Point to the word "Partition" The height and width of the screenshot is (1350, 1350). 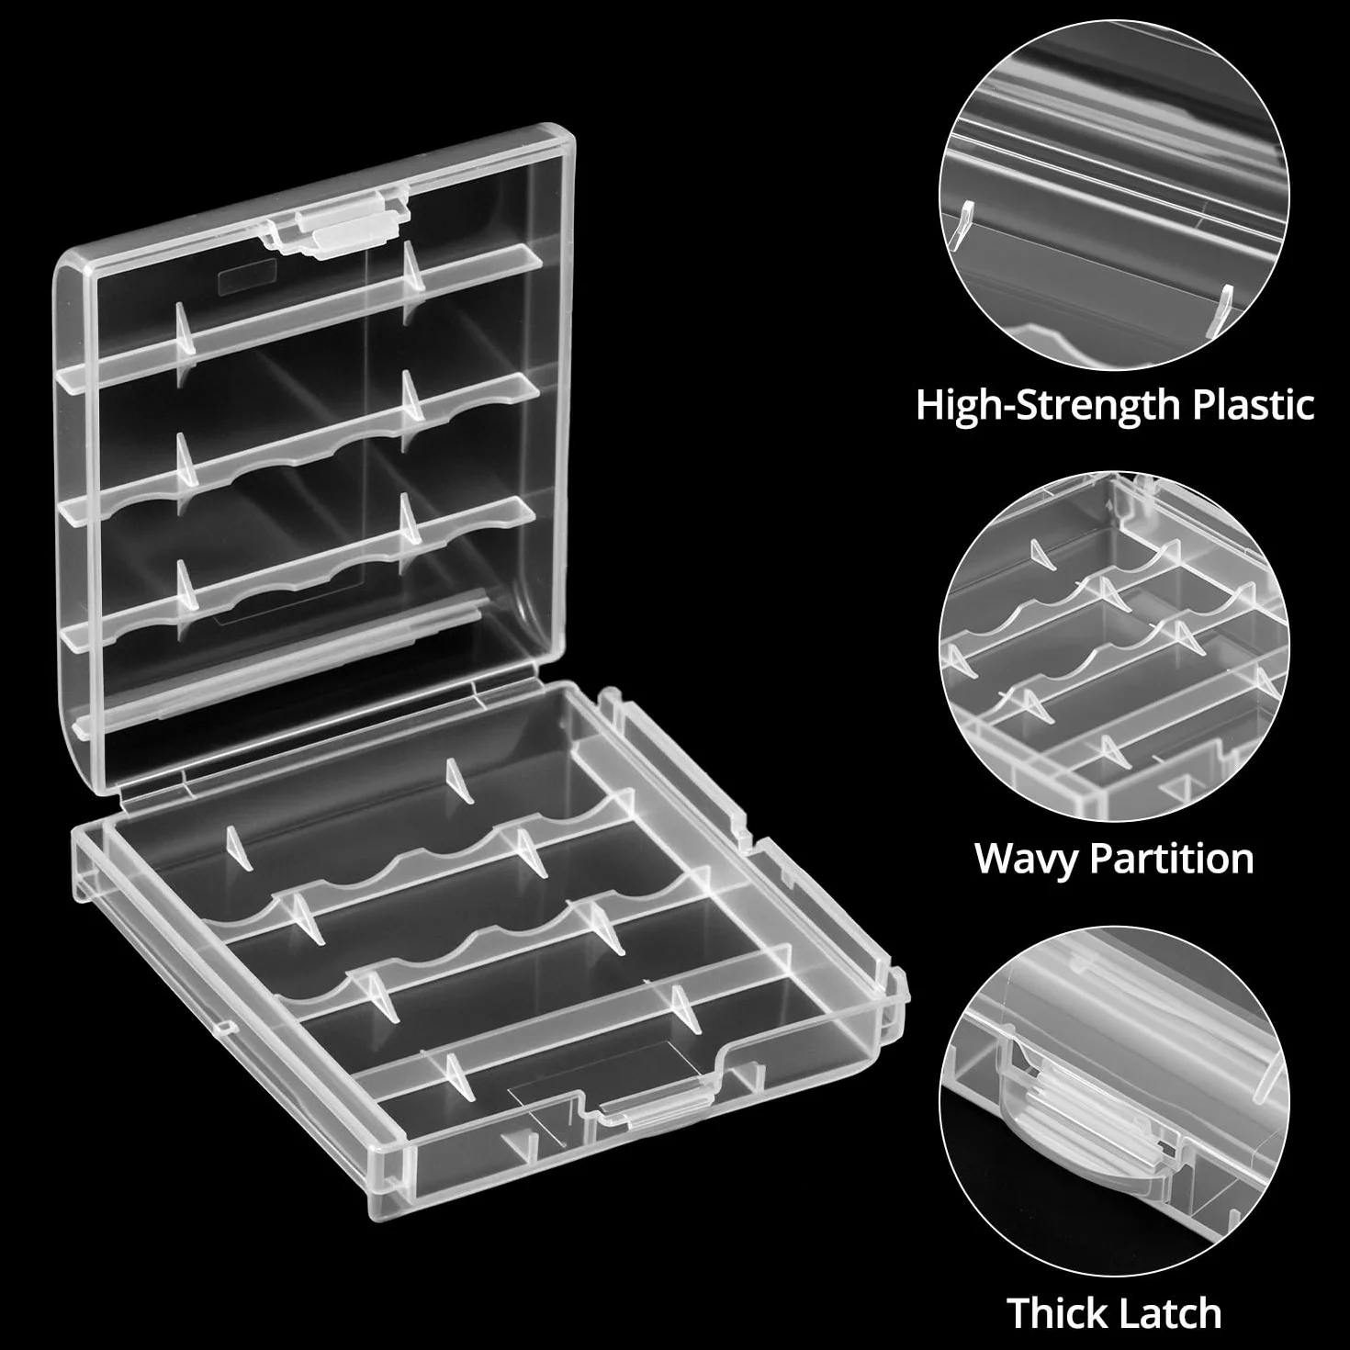[1171, 858]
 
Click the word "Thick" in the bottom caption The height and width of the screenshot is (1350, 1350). [1056, 1312]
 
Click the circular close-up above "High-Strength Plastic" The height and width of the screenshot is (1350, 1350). [1113, 195]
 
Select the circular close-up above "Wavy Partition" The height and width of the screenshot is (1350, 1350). [1113, 646]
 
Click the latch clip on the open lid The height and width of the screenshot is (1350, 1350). [335, 226]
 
